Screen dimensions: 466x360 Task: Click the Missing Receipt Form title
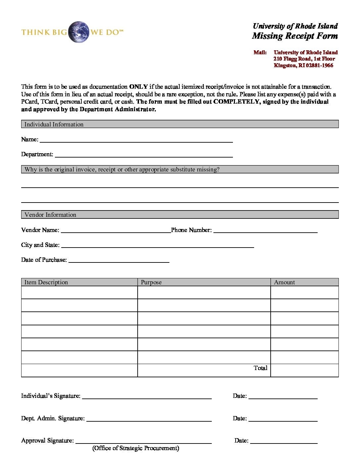pyautogui.click(x=294, y=36)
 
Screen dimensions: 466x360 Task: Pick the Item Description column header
pyautogui.click(x=46, y=282)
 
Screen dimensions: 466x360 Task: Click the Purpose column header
pyautogui.click(x=151, y=282)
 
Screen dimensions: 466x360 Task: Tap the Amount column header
pyautogui.click(x=284, y=282)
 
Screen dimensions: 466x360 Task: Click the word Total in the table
pyautogui.click(x=260, y=368)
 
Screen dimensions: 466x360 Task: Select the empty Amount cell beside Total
pyautogui.click(x=304, y=370)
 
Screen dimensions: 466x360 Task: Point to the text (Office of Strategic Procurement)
pyautogui.click(x=136, y=448)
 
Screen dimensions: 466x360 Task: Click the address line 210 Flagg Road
pyautogui.click(x=304, y=59)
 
